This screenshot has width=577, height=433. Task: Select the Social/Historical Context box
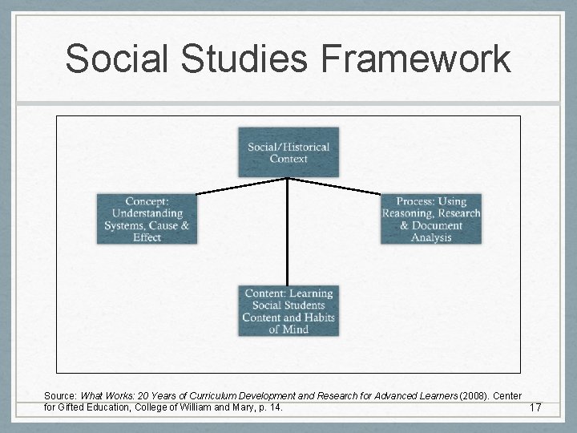point(288,152)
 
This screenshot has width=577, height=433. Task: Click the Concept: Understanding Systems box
point(147,219)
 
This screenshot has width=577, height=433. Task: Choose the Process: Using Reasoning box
point(431,219)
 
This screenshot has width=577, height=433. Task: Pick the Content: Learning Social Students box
point(288,310)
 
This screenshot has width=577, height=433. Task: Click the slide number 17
point(535,408)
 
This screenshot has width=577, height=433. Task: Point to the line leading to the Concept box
point(240,186)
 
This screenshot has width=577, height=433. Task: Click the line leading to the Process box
point(335,186)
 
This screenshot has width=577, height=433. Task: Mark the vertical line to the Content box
point(288,233)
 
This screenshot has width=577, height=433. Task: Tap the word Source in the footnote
point(59,396)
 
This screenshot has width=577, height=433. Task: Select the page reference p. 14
point(270,407)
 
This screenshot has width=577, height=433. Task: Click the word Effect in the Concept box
point(147,237)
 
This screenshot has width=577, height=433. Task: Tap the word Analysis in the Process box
point(431,237)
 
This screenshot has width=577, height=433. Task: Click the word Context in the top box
point(288,159)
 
